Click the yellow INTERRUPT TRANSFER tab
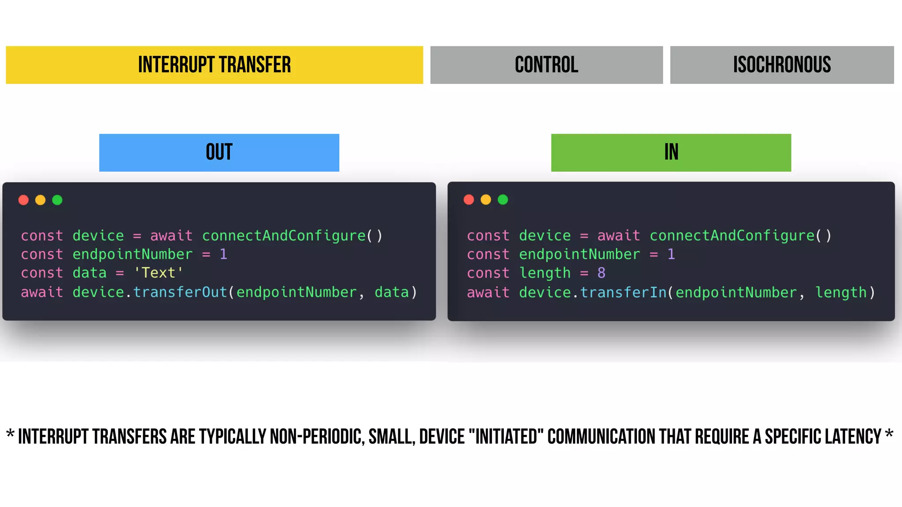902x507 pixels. (214, 65)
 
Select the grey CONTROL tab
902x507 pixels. (546, 65)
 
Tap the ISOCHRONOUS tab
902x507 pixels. (782, 65)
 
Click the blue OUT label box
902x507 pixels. (219, 152)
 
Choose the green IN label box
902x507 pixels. (671, 152)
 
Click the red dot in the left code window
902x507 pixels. (24, 200)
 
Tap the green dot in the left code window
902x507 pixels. (57, 200)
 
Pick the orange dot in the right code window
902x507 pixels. (486, 200)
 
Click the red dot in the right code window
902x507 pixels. (469, 200)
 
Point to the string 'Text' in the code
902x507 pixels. (159, 273)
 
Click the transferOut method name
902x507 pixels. (180, 292)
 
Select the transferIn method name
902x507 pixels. (623, 292)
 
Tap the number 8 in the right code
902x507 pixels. (602, 273)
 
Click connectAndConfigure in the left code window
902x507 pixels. (284, 236)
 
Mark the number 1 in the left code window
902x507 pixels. (223, 254)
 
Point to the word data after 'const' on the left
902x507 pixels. (89, 273)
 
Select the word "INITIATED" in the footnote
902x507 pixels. (506, 437)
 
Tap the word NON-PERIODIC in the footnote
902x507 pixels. (317, 437)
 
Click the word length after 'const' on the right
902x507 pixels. (545, 273)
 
